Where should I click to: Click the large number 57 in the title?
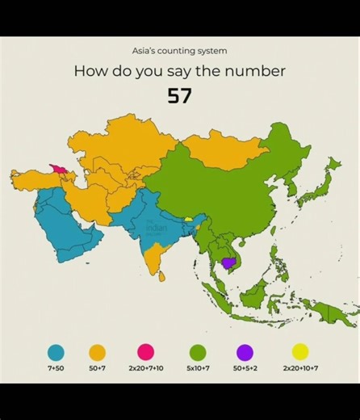coord(179,96)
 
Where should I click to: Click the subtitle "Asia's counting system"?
coord(179,51)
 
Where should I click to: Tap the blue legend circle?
coord(56,352)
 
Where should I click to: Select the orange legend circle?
coord(97,352)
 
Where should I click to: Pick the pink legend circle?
coord(145,352)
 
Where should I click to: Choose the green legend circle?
coord(197,352)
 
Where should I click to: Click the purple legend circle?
coord(245,352)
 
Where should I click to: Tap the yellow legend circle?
coord(300,351)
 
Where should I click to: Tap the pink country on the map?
coord(59,168)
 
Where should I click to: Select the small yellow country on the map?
coord(188,219)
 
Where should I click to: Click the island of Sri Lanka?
coord(161,276)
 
